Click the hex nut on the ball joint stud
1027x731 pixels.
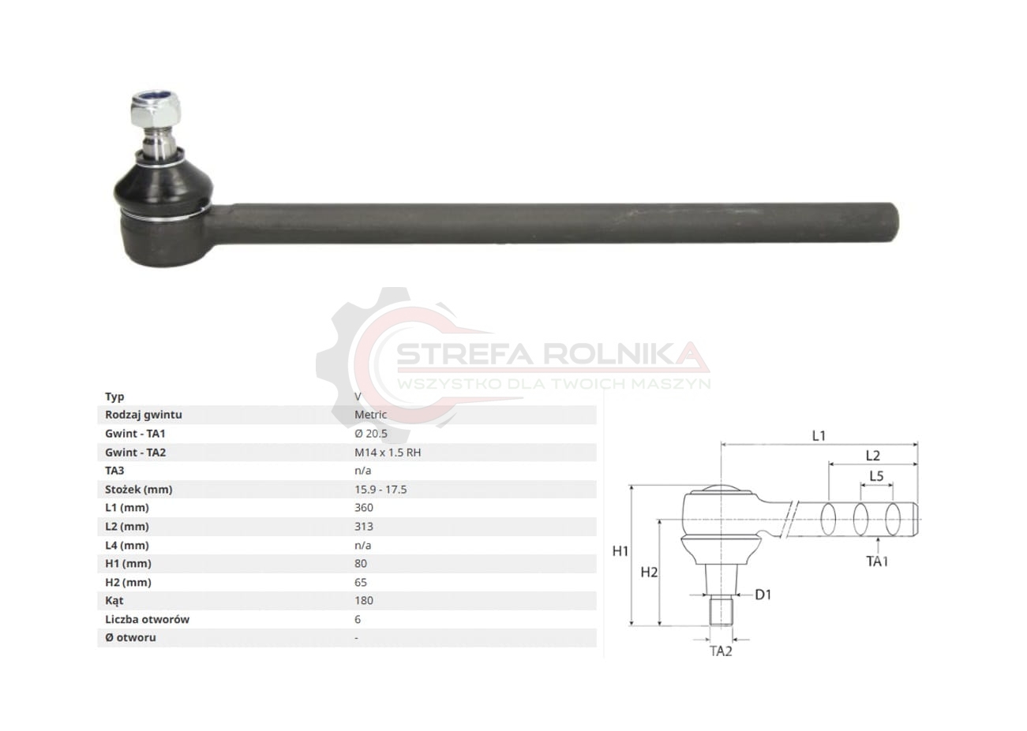point(156,109)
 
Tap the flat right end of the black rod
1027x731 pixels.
point(895,222)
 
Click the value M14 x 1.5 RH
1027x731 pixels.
point(388,453)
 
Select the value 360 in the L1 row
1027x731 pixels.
point(364,508)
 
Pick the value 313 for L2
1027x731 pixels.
point(364,526)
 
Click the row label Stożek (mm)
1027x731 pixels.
point(138,490)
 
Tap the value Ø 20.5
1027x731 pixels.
point(370,433)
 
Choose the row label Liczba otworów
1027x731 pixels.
point(147,619)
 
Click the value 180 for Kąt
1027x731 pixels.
point(364,600)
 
